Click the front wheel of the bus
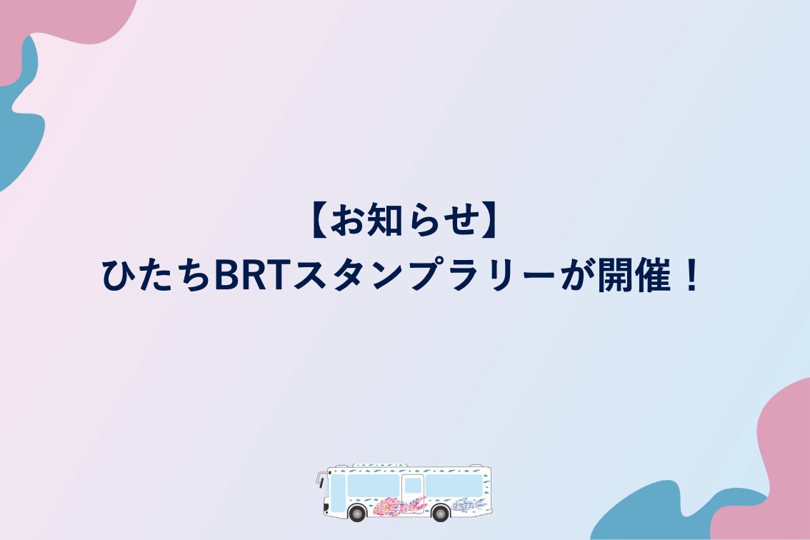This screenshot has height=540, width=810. [356, 513]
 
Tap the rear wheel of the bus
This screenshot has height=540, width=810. [440, 513]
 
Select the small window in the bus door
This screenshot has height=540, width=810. [413, 486]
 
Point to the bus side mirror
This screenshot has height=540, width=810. [319, 480]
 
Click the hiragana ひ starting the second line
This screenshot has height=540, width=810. [119, 276]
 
